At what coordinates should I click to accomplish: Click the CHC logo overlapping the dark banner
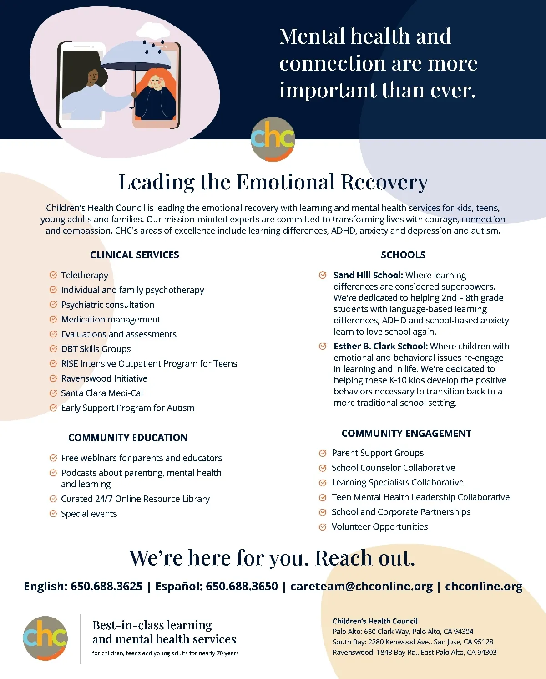pyautogui.click(x=273, y=139)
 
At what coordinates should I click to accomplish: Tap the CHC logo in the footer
pyautogui.click(x=45, y=638)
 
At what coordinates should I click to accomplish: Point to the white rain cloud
pyautogui.click(x=153, y=31)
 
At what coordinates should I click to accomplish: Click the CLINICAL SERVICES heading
pyautogui.click(x=135, y=255)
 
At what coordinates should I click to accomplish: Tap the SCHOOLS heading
pyautogui.click(x=403, y=255)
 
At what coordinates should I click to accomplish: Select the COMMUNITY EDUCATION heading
pyautogui.click(x=128, y=438)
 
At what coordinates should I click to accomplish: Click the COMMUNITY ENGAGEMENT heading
pyautogui.click(x=406, y=434)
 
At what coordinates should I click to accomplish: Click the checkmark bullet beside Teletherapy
pyautogui.click(x=53, y=275)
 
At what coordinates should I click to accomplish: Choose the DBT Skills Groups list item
pyautogui.click(x=96, y=349)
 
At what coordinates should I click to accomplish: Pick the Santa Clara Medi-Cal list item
pyautogui.click(x=102, y=393)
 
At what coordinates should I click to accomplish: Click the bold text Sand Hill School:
pyautogui.click(x=368, y=275)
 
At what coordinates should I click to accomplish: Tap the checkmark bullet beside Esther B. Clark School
pyautogui.click(x=323, y=347)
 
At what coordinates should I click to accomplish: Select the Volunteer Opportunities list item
pyautogui.click(x=379, y=527)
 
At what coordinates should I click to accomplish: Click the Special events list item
pyautogui.click(x=89, y=514)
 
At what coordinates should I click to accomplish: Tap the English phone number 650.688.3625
pyautogui.click(x=106, y=586)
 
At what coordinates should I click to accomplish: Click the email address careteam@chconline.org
pyautogui.click(x=361, y=586)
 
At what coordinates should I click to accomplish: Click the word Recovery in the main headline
pyautogui.click(x=384, y=182)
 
